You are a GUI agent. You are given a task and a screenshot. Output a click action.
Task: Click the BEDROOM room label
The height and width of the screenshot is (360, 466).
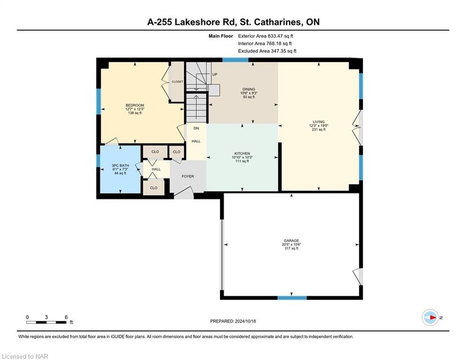134,105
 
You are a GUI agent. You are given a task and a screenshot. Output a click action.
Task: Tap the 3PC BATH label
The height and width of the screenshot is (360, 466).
120,166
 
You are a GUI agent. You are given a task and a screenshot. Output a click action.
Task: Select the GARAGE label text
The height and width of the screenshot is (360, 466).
291,240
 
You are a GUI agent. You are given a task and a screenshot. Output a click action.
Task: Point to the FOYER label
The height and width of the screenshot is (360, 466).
188,176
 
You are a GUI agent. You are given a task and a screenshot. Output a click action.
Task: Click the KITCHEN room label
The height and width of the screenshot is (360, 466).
242,154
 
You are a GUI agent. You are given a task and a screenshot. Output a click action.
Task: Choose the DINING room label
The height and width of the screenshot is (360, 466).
249,89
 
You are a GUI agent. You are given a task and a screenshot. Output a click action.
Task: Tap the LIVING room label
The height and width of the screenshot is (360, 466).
318,122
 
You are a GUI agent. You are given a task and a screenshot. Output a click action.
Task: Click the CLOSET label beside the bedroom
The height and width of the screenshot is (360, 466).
178,82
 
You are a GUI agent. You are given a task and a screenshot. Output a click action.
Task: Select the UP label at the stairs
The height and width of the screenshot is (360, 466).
215,75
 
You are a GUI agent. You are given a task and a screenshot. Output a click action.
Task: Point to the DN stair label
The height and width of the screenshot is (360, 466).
196,128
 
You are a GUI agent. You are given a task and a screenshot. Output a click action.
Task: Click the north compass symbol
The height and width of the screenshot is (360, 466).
430,317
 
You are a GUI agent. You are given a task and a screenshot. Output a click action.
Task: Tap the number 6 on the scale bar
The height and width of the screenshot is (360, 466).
67,317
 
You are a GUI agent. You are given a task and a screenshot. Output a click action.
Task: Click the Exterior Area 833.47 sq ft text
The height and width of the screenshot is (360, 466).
266,36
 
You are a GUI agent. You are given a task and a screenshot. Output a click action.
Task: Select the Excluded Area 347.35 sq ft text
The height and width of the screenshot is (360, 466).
267,51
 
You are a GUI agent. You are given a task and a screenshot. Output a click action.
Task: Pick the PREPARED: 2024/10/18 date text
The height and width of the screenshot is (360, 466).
233,321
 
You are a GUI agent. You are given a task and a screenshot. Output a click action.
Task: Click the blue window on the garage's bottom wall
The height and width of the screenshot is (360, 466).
292,298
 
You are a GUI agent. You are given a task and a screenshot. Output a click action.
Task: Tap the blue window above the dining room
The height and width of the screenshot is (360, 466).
236,60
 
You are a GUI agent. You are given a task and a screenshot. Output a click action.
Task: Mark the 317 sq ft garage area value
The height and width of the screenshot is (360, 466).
291,248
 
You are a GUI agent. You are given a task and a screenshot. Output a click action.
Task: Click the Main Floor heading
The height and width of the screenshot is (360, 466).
221,36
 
